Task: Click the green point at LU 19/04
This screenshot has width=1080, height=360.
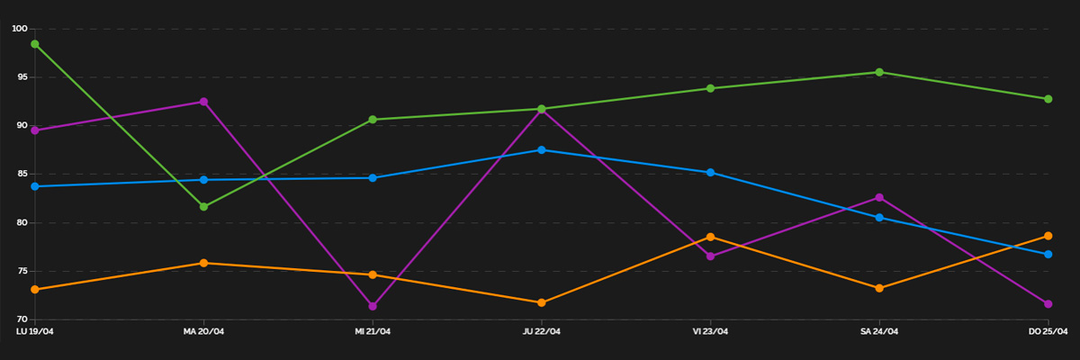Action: pyautogui.click(x=34, y=44)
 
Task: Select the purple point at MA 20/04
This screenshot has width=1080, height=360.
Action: pyautogui.click(x=203, y=102)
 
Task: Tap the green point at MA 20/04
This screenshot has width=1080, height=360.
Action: pyautogui.click(x=203, y=207)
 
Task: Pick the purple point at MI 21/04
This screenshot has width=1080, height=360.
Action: pyautogui.click(x=373, y=306)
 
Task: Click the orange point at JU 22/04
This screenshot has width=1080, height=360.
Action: pyautogui.click(x=542, y=302)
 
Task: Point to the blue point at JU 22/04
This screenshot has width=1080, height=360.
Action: pyautogui.click(x=542, y=150)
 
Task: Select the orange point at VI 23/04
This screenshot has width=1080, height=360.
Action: pyautogui.click(x=710, y=237)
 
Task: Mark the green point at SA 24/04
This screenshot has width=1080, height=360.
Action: pyautogui.click(x=879, y=72)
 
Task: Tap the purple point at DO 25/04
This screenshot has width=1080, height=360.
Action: pyautogui.click(x=1048, y=304)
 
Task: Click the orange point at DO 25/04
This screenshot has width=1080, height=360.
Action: pyautogui.click(x=1048, y=236)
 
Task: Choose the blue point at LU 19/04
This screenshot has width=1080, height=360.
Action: pyautogui.click(x=34, y=186)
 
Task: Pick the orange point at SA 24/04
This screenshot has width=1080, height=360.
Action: pyautogui.click(x=879, y=288)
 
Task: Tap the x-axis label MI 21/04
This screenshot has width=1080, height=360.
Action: pyautogui.click(x=373, y=332)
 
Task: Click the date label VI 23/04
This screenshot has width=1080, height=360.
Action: pyautogui.click(x=710, y=332)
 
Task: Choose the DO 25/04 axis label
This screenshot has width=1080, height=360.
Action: pyautogui.click(x=1048, y=332)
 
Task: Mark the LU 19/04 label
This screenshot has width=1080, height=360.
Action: pyautogui.click(x=34, y=332)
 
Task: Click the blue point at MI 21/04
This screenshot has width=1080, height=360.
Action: pyautogui.click(x=373, y=178)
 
